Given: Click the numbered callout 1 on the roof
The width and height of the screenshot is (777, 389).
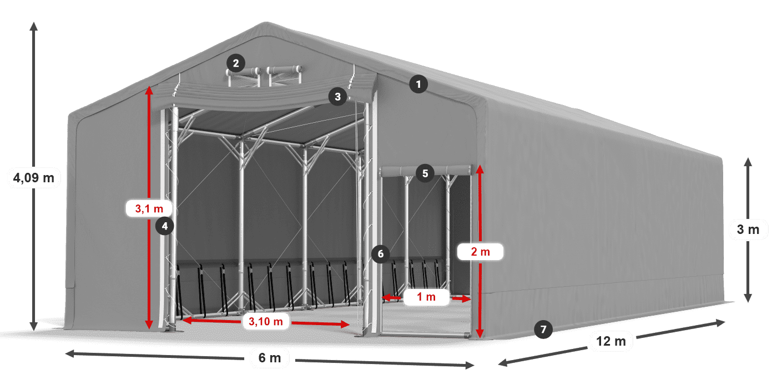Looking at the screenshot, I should pyautogui.click(x=418, y=84).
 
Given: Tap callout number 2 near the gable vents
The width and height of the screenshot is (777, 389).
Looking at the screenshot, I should pyautogui.click(x=236, y=63).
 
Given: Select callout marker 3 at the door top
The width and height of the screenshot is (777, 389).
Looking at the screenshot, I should pyautogui.click(x=336, y=97).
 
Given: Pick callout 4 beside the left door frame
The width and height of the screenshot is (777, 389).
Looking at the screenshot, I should pyautogui.click(x=165, y=226).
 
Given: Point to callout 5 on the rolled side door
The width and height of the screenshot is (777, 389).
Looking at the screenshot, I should pyautogui.click(x=425, y=173).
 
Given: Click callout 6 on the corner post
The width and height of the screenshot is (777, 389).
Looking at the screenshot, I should pyautogui.click(x=380, y=254).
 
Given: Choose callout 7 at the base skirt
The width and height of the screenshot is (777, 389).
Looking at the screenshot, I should pyautogui.click(x=543, y=329).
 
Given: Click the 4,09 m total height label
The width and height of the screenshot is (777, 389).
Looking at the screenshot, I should pyautogui.click(x=34, y=178).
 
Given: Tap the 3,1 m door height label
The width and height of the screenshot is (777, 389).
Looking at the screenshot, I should pyautogui.click(x=149, y=209).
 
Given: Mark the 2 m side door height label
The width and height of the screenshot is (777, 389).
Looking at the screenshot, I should pyautogui.click(x=480, y=252).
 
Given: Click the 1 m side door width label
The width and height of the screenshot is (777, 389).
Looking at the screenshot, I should pyautogui.click(x=426, y=297).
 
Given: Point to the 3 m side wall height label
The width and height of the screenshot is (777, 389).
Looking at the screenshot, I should pyautogui.click(x=748, y=229).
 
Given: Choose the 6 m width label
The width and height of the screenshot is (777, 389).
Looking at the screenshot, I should pyautogui.click(x=270, y=358).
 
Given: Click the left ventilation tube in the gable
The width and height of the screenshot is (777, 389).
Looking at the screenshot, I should pyautogui.click(x=244, y=72).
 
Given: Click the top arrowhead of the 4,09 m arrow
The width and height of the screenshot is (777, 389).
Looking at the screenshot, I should pyautogui.click(x=34, y=26).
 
